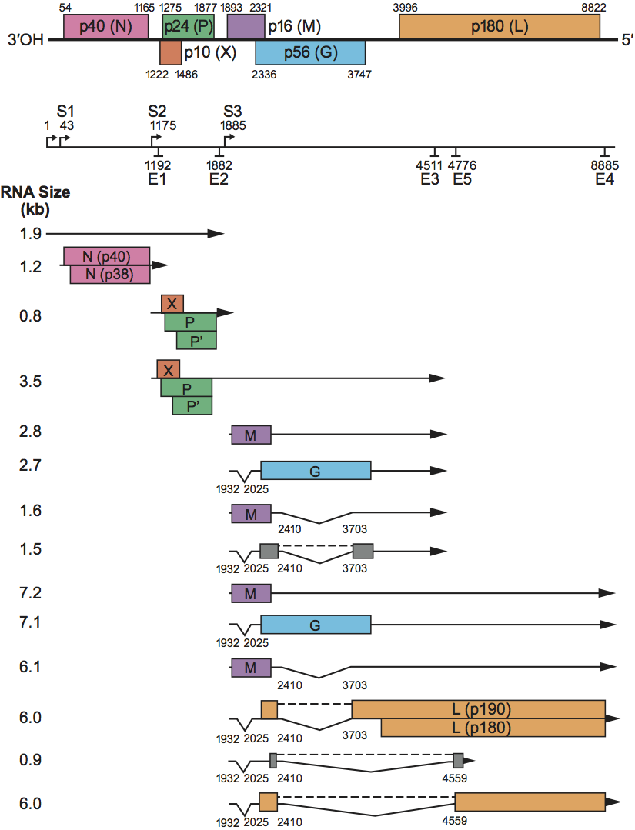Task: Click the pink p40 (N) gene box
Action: coord(105,27)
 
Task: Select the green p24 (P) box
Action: coord(188,27)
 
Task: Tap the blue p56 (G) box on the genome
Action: coord(310,52)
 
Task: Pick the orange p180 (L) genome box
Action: coord(499,27)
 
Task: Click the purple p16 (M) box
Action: coord(246,27)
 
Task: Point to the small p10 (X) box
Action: coord(170,52)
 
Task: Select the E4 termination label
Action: coord(605,179)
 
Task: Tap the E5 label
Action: coord(462,179)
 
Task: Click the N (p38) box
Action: coord(110,275)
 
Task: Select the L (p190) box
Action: coord(478,709)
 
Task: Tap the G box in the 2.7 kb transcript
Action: coord(316,471)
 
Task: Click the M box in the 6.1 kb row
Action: coord(251,667)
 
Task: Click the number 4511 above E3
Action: coord(429,165)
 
